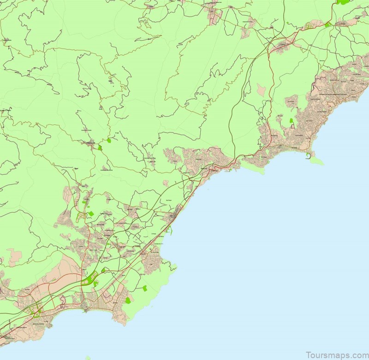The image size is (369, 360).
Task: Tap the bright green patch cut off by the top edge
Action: tap(343, 2)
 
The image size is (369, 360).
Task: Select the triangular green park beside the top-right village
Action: tap(327, 24)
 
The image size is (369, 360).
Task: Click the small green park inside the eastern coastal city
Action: tap(291, 121)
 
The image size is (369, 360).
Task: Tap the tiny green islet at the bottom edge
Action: tap(88, 358)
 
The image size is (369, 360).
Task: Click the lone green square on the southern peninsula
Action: tap(144, 288)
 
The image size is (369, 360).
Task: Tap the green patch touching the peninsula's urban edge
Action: tap(128, 300)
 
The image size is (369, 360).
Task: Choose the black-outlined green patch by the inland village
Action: tap(100, 148)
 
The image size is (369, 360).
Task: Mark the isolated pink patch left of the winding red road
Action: tap(261, 90)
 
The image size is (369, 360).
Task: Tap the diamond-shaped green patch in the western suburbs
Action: tap(91, 214)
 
